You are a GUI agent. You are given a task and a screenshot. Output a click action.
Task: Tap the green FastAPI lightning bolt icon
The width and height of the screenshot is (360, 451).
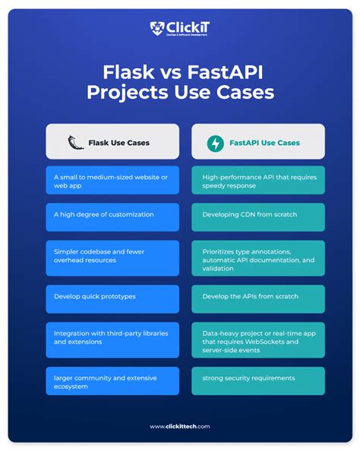(216, 142)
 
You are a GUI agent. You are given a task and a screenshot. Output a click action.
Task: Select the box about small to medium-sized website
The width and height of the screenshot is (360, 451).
(112, 181)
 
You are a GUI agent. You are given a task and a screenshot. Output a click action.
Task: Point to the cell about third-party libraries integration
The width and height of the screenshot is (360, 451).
(112, 339)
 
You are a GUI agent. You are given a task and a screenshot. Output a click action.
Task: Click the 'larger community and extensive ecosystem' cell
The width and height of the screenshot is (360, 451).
(112, 380)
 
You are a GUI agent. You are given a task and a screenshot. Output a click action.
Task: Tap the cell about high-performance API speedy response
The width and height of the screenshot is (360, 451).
(258, 181)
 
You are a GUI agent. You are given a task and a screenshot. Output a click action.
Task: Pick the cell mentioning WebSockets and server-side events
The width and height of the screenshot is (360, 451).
(258, 339)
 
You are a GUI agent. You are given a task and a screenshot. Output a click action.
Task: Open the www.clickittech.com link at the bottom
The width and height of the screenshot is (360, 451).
(180, 426)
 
